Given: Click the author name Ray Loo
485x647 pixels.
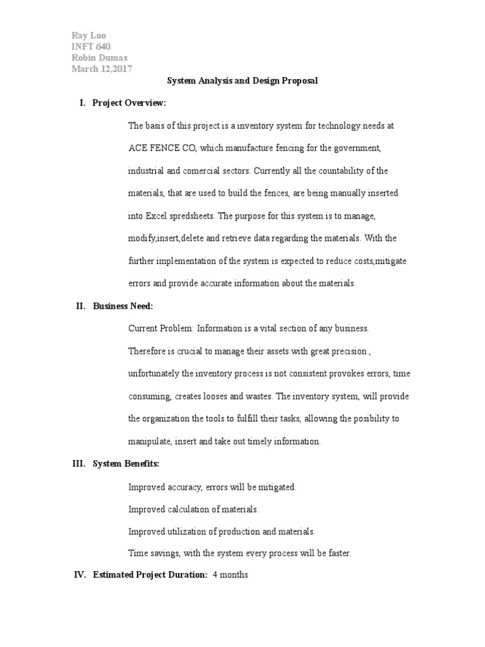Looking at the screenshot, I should point(89,35).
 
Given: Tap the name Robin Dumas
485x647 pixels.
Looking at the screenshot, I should point(99,58).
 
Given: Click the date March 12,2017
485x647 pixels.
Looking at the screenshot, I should point(102,70).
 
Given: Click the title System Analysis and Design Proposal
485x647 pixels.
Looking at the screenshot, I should point(242,81).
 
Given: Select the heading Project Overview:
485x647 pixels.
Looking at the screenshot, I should point(129,103).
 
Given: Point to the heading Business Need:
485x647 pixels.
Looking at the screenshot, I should point(123,306).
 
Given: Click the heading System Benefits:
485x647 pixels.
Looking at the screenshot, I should point(126,464).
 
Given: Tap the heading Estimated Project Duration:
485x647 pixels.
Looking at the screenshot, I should point(150,575).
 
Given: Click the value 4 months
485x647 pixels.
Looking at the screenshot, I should point(231,575).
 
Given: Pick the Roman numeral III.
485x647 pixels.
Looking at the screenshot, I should point(78,464).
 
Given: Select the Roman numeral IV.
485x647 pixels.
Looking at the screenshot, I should point(79,575).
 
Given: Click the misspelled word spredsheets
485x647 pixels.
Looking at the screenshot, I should point(194,215).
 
